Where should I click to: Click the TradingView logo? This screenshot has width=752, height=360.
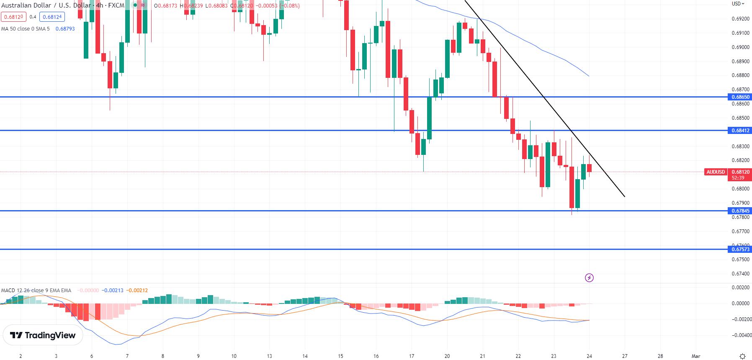pyautogui.click(x=43, y=335)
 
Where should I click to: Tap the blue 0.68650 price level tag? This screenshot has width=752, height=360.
pyautogui.click(x=740, y=97)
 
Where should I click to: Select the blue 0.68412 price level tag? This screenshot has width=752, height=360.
pyautogui.click(x=740, y=131)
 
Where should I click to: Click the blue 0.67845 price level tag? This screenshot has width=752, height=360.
pyautogui.click(x=740, y=211)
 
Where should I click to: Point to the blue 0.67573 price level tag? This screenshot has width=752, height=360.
pyautogui.click(x=740, y=249)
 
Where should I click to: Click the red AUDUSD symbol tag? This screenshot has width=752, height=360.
pyautogui.click(x=716, y=172)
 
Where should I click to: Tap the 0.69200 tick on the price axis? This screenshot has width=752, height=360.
pyautogui.click(x=740, y=19)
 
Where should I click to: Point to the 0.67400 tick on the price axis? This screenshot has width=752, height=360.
pyautogui.click(x=740, y=274)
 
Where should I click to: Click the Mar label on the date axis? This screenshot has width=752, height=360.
pyautogui.click(x=696, y=356)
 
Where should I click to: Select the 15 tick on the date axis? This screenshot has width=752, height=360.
pyautogui.click(x=340, y=356)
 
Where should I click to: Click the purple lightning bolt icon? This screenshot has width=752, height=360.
pyautogui.click(x=589, y=278)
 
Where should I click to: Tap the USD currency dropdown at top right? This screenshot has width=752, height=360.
pyautogui.click(x=738, y=4)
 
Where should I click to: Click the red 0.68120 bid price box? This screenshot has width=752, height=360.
pyautogui.click(x=13, y=17)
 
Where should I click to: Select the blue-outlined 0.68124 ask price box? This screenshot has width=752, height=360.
pyautogui.click(x=52, y=17)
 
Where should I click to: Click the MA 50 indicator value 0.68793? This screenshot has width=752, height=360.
pyautogui.click(x=65, y=29)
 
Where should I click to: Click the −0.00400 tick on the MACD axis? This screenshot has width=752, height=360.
pyautogui.click(x=742, y=335)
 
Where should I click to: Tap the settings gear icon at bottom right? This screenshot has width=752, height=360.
pyautogui.click(x=742, y=356)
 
